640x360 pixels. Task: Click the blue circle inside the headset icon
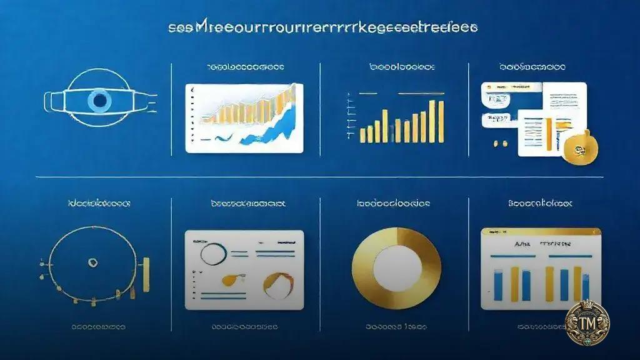point(98,100)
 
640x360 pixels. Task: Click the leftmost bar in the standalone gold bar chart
point(362,134)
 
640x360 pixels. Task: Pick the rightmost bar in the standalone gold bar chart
point(440,121)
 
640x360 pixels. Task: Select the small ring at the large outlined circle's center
point(92,263)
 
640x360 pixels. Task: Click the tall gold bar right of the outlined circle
point(146,273)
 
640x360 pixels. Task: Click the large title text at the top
point(322,29)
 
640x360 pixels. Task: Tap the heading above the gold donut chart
point(393,204)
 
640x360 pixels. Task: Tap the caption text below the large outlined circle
point(97,327)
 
